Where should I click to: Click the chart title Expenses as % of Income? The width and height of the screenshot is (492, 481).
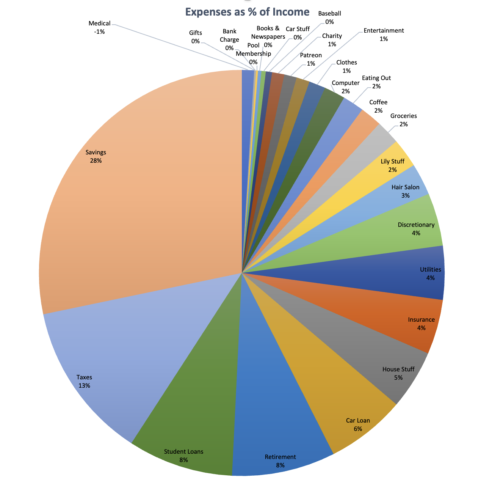(247, 12)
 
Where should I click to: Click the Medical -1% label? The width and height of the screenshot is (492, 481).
(99, 28)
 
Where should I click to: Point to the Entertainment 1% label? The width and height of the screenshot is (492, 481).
(384, 35)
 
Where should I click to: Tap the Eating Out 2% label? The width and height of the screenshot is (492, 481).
(376, 82)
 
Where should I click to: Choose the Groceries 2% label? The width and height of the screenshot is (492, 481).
(403, 120)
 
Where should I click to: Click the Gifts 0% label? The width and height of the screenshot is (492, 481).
(196, 37)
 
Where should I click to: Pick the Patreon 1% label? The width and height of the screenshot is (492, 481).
(311, 60)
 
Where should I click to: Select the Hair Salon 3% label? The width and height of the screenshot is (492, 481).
(405, 191)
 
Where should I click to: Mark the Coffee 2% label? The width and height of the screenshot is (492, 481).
(378, 106)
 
